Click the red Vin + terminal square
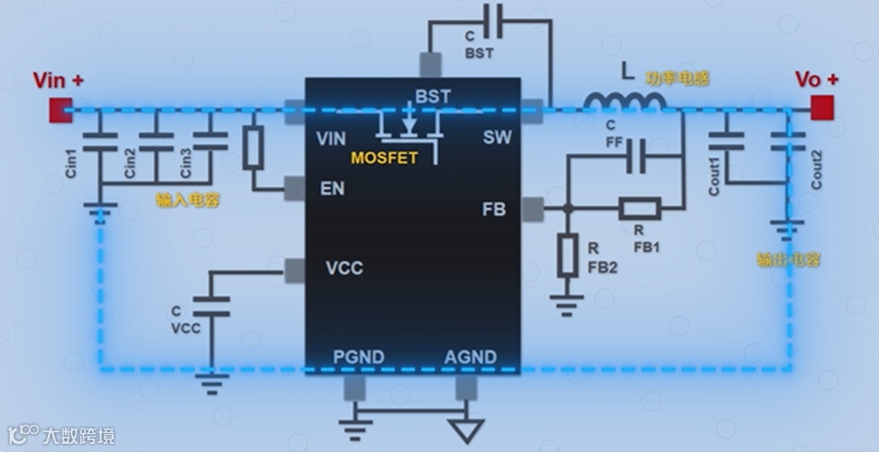point(60,109)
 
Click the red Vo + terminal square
point(821,108)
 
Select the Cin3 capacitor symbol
point(211,142)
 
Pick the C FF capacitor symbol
point(641,155)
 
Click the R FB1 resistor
point(639,209)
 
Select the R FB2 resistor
point(567,254)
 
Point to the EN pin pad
point(294,188)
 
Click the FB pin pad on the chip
point(532,209)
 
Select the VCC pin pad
point(294,268)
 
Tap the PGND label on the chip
point(358,357)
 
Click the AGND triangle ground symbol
point(465,429)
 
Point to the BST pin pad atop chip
point(430,64)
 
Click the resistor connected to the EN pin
point(253,148)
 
